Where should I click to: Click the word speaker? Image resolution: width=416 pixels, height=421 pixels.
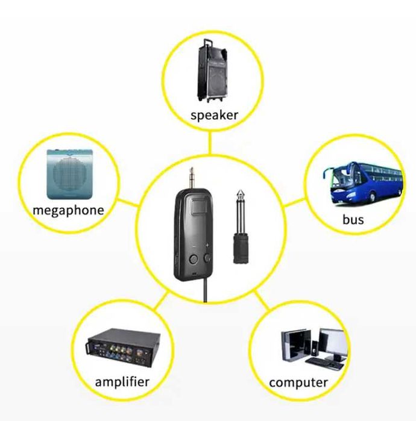coord(214,115)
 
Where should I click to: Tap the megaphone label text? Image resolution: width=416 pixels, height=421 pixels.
coord(68,210)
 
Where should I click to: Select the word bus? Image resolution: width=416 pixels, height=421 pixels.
coord(353,219)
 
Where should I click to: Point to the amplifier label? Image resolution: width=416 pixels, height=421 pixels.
coord(122,382)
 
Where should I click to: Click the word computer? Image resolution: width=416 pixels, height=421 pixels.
coord(298,382)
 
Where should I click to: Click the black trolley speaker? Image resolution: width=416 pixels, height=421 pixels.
coord(213,70)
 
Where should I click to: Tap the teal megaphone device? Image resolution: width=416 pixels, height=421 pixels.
coord(70,174)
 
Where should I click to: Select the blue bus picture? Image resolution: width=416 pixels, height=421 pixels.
coord(363,182)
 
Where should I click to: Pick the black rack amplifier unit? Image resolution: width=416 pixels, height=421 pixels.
coord(124,348)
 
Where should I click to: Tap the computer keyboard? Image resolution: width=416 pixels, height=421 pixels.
coord(325,363)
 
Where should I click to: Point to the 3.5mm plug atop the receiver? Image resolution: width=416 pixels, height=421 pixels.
coord(191,178)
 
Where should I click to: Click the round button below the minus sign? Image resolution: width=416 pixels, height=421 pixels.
coord(194,259)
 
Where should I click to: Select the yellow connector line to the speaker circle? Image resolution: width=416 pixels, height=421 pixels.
coord(210,143)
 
